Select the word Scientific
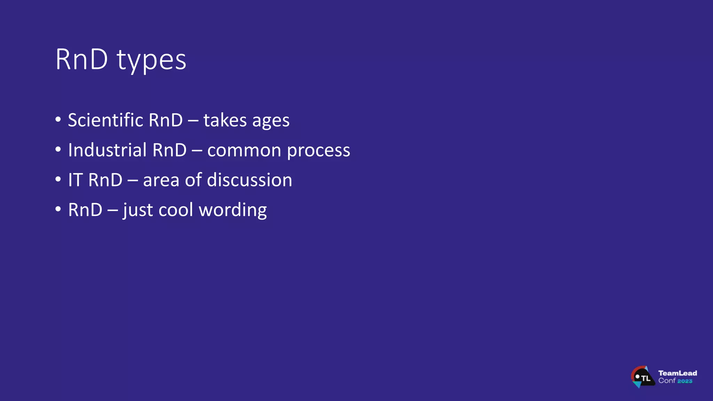[105, 120]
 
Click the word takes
[225, 120]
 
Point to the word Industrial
[107, 150]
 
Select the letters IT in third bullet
[75, 180]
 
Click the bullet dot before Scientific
[58, 119]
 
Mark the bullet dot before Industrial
[58, 149]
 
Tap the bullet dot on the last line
[58, 209]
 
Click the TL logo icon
[642, 377]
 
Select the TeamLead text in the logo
[677, 373]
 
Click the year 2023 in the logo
[684, 381]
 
